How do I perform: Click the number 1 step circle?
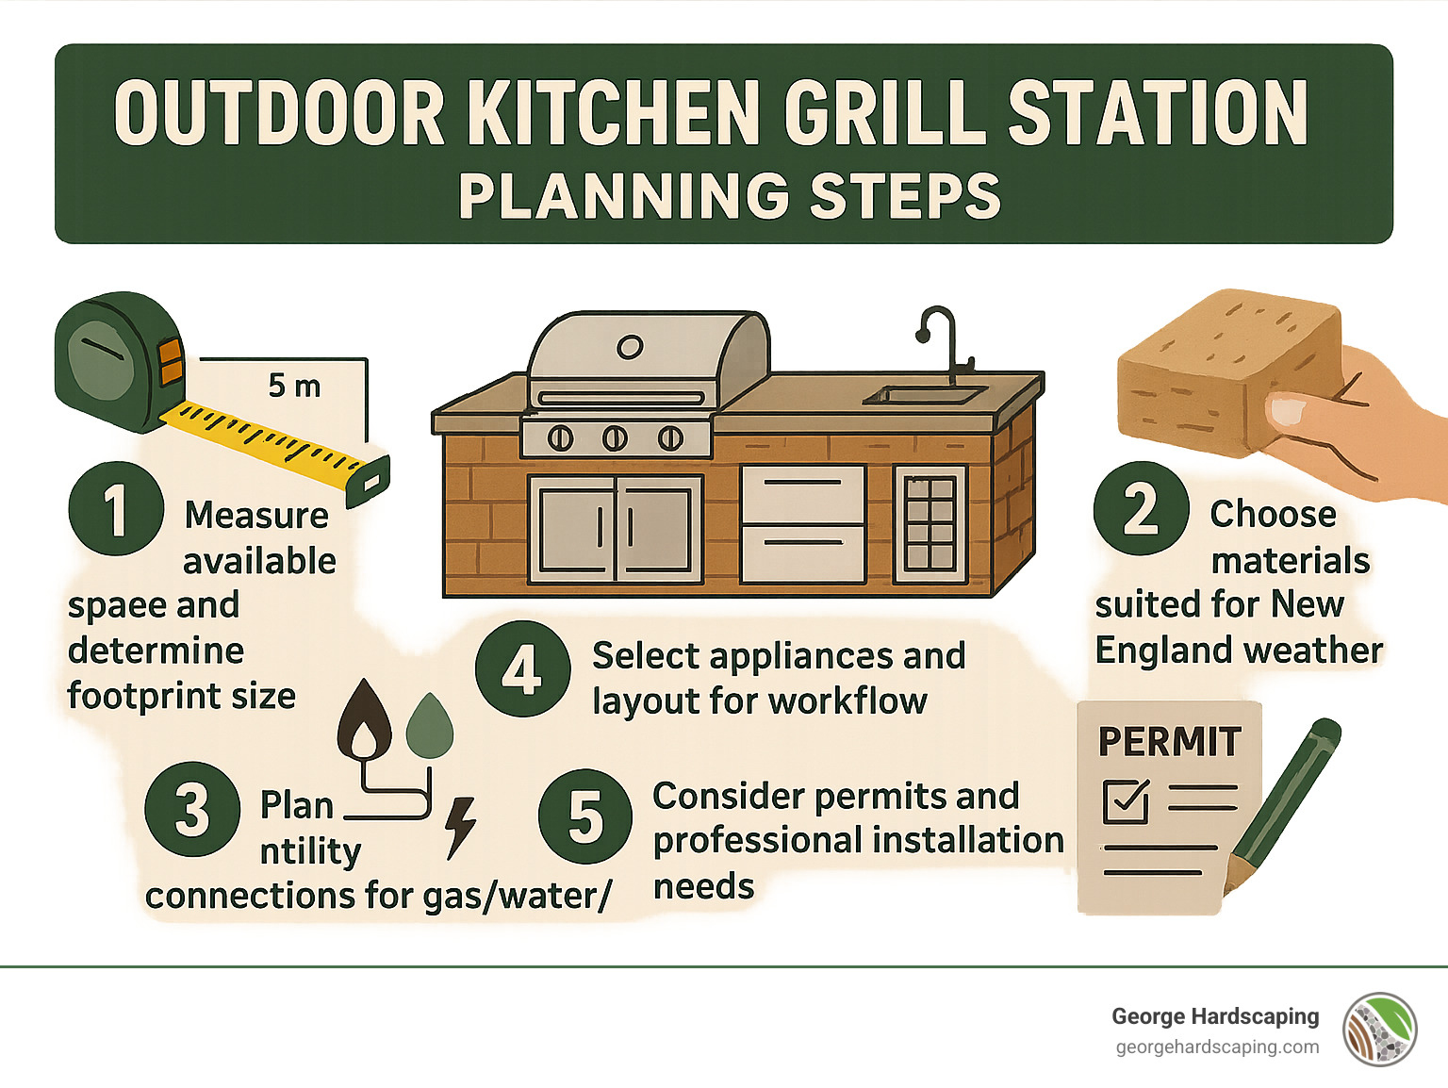[116, 509]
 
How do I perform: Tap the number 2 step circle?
[1141, 509]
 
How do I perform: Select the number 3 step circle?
[193, 809]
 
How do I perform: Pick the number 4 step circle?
[522, 669]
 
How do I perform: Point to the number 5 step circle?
[585, 816]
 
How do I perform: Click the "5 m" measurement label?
[294, 386]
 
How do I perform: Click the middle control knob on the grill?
[615, 437]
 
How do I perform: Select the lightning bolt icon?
[461, 827]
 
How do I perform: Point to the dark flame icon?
[365, 721]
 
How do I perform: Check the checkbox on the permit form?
[1126, 801]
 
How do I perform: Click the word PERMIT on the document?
[1169, 742]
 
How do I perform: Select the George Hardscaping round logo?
[1380, 1030]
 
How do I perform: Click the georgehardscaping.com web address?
[1217, 1047]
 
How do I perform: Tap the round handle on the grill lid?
[630, 347]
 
